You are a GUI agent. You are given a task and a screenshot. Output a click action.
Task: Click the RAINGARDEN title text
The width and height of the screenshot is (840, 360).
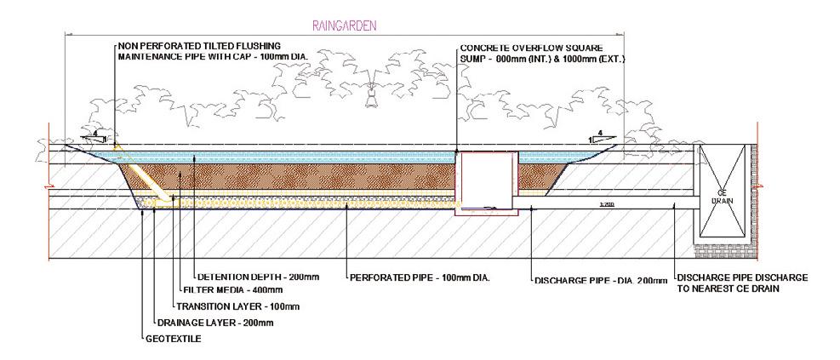click(345, 26)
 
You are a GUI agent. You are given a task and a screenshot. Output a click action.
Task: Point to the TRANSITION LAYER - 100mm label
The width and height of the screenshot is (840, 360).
click(237, 306)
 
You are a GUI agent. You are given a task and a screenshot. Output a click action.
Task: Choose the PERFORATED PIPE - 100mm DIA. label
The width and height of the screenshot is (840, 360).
click(422, 277)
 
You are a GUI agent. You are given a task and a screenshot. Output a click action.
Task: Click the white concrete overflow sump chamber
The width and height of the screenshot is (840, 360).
click(488, 180)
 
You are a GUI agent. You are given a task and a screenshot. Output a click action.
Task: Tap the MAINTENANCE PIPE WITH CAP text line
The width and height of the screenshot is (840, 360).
click(212, 55)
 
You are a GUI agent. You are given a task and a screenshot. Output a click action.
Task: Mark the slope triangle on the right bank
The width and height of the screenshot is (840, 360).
click(600, 136)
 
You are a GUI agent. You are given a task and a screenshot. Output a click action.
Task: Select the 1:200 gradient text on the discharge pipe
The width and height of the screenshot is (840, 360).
click(606, 205)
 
